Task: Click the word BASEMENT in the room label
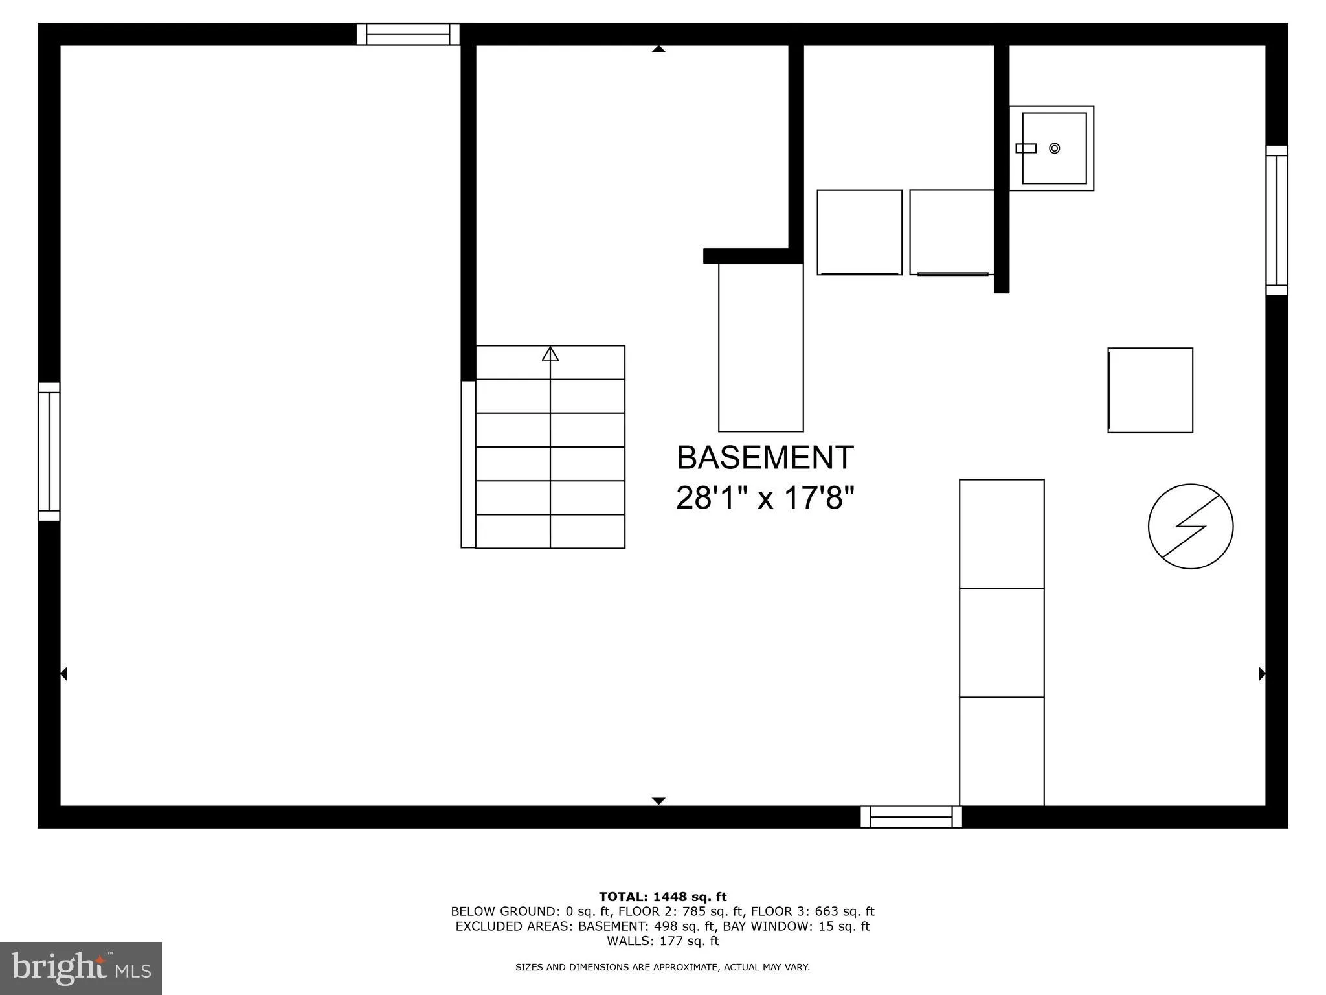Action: (765, 458)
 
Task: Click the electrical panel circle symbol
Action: (1190, 527)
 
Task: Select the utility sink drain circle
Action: (1054, 148)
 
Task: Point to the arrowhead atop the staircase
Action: (550, 354)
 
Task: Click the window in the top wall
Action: (408, 34)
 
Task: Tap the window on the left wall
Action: (49, 452)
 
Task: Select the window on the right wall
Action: (1277, 220)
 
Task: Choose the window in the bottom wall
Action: (911, 817)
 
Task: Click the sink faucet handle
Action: (1026, 148)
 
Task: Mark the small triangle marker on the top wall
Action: (658, 49)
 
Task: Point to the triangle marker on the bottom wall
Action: (658, 801)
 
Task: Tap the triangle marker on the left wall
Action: (63, 674)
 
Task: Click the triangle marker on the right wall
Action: (1262, 674)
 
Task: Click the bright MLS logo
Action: (81, 968)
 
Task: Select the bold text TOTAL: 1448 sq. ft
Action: (662, 897)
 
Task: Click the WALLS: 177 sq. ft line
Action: (662, 941)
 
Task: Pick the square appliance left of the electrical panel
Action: (1150, 390)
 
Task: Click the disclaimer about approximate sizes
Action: (662, 967)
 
